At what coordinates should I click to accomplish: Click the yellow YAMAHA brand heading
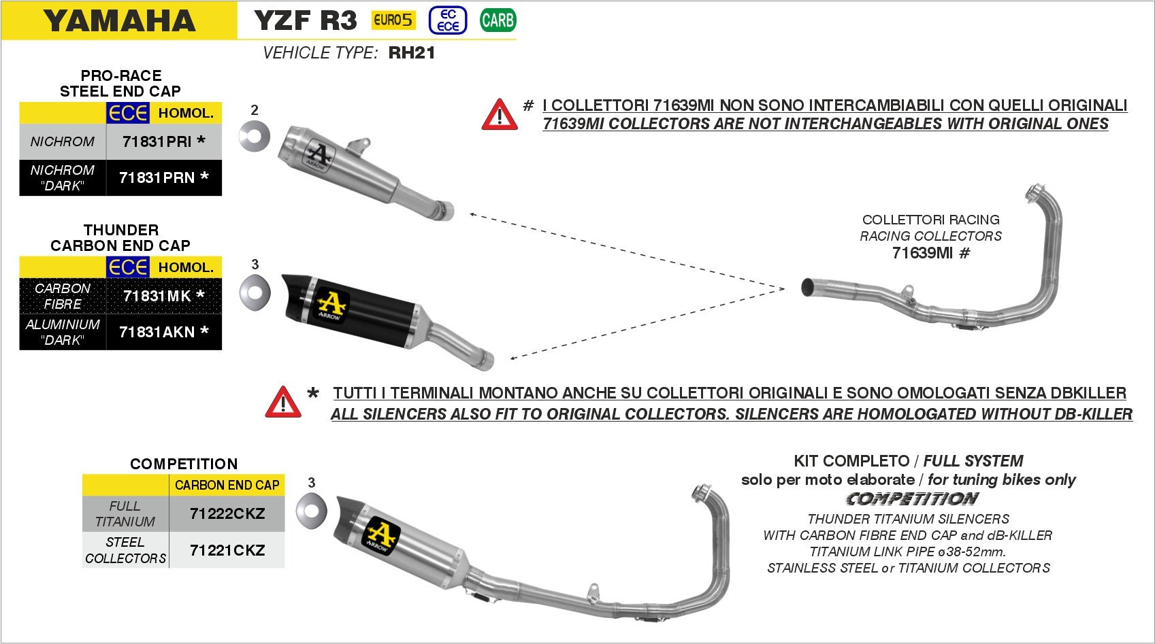[119, 21]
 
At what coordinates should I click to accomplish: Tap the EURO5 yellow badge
[393, 20]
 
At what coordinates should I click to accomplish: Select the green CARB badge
[498, 20]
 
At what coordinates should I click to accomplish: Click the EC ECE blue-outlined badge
[448, 20]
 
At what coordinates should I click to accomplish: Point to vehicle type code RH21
[412, 53]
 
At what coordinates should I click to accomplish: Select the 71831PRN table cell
[163, 178]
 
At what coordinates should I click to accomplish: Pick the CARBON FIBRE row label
[63, 296]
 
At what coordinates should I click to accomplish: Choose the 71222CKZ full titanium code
[227, 514]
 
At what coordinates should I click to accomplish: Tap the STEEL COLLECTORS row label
[125, 550]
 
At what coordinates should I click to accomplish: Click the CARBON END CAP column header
[227, 485]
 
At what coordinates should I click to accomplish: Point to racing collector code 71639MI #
[930, 253]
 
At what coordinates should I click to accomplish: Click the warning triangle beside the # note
[500, 114]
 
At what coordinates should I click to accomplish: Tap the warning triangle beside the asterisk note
[283, 402]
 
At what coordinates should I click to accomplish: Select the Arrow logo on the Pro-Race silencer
[316, 156]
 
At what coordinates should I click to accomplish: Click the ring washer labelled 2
[255, 136]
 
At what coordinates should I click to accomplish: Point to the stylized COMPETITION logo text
[911, 499]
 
